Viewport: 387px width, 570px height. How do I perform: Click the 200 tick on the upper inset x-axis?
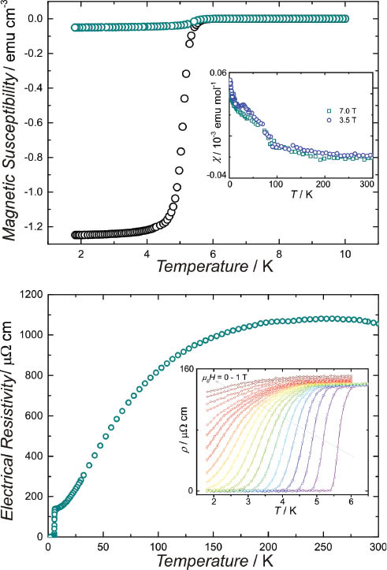pos(323,184)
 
